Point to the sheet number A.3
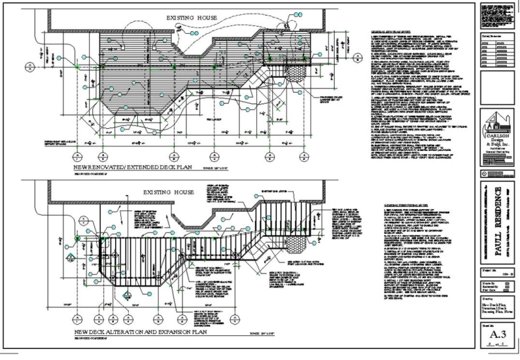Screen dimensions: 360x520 (497, 334)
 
